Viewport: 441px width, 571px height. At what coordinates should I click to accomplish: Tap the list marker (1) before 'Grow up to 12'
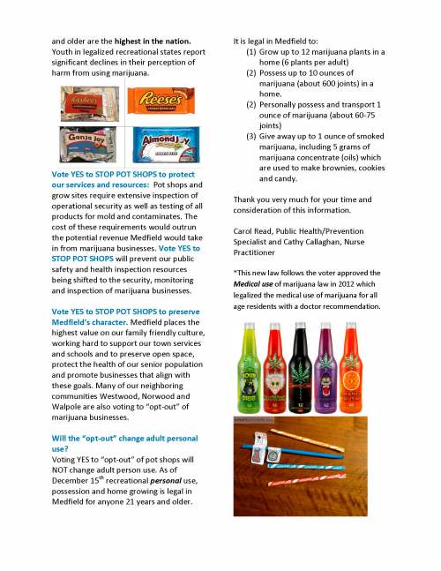point(250,53)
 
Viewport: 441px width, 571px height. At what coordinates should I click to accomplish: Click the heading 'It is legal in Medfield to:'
point(283,41)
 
